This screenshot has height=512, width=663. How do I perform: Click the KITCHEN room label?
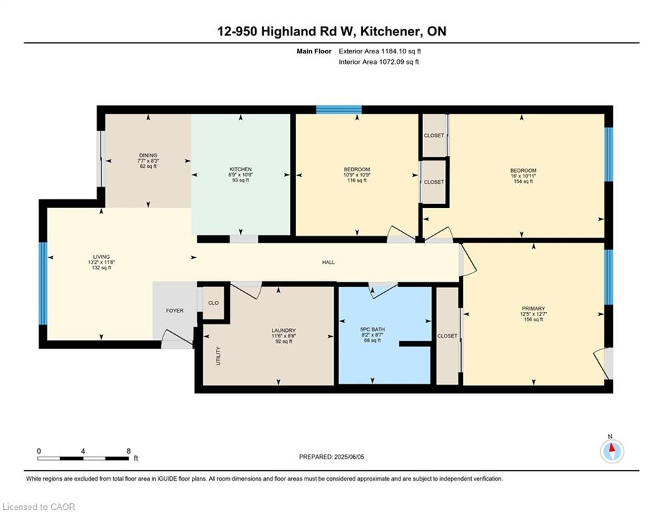pos(241,169)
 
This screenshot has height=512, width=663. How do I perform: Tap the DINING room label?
pos(148,155)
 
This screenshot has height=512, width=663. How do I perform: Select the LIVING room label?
pos(101,257)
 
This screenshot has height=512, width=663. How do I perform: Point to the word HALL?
pos(329,263)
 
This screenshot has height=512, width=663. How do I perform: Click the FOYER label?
pos(175,311)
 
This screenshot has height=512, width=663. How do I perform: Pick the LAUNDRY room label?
pos(284,331)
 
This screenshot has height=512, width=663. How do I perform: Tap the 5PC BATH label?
pos(372,329)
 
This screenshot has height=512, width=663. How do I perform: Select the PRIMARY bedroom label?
pos(533,309)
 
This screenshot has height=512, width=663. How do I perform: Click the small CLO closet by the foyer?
pos(213,303)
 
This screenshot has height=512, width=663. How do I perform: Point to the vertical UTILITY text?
pos(218,356)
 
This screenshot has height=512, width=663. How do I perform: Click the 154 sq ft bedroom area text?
pos(523,181)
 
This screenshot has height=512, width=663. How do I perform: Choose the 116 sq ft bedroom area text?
pos(357,180)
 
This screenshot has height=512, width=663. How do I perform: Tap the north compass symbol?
pos(612,451)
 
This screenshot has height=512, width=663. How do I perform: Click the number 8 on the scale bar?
pos(129,451)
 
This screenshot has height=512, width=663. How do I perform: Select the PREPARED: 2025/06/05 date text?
pos(332,457)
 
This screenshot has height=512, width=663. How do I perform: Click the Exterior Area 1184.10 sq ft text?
pos(380,51)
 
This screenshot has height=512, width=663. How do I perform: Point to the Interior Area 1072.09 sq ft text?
pos(379,62)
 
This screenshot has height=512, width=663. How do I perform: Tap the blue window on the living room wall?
pos(43,283)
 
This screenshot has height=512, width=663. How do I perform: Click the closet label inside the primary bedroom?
pos(447,336)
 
